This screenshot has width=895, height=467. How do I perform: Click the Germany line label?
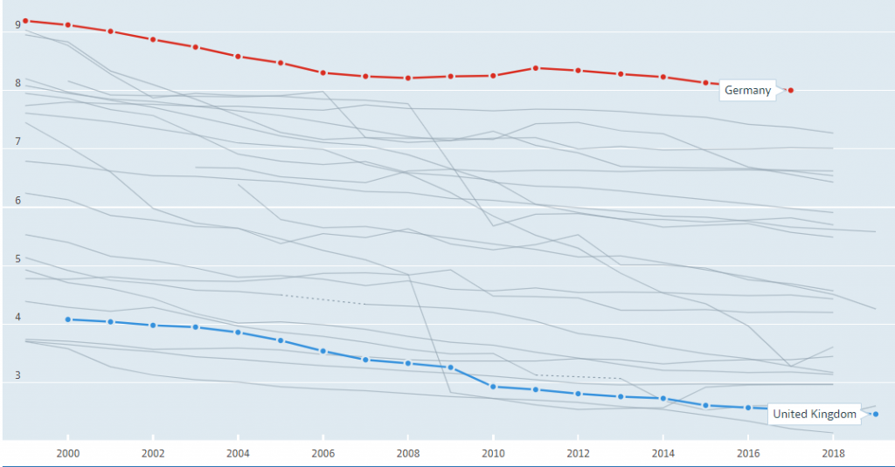[747, 91]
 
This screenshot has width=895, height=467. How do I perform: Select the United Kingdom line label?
[815, 415]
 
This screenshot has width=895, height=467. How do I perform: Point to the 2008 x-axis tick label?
[408, 454]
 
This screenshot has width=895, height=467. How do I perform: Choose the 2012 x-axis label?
[578, 454]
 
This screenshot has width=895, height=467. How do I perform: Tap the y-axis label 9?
[17, 26]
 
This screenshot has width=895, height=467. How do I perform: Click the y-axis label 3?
[17, 376]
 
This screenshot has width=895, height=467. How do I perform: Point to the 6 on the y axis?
[17, 201]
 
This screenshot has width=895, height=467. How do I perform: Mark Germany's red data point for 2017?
[791, 90]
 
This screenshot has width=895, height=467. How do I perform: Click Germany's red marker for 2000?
[67, 25]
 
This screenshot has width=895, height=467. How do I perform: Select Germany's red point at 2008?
[408, 79]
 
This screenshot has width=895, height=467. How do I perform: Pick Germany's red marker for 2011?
[535, 68]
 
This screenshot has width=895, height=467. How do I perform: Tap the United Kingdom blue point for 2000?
[67, 319]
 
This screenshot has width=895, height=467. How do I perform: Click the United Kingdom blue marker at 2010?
[493, 387]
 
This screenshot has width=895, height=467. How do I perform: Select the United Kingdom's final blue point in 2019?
[875, 414]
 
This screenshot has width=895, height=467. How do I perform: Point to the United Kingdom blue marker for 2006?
[323, 351]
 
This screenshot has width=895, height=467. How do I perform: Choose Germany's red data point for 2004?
[238, 56]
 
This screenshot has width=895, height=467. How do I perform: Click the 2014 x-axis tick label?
[663, 454]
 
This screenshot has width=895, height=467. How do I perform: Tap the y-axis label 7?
[17, 141]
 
